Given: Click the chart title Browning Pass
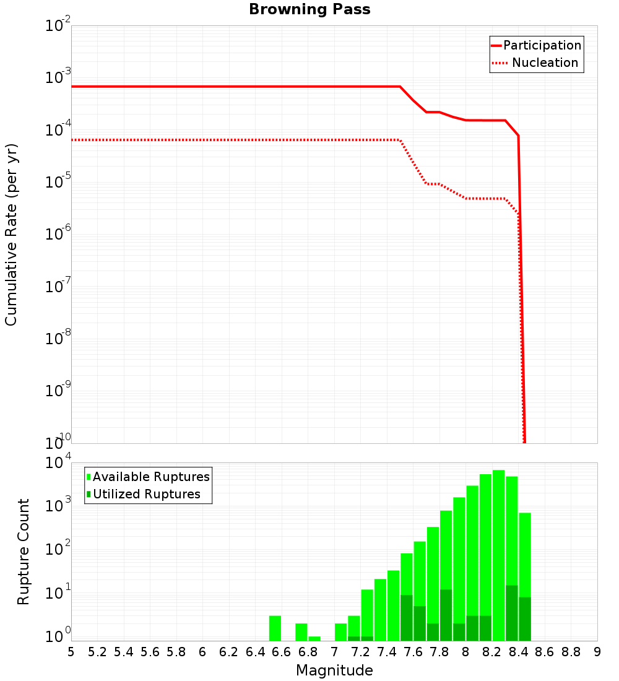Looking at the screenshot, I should pos(309,9).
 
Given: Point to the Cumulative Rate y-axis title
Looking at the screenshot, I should pos(11,235).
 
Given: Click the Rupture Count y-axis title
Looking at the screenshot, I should pos(24,552).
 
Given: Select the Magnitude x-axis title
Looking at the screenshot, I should pos(334,670).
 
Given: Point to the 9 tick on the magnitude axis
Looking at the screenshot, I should pos(597,651).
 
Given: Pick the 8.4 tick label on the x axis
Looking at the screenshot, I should pos(518,651).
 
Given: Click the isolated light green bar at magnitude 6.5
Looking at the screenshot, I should pos(275,628).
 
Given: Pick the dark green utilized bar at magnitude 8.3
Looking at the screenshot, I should pos(512,613).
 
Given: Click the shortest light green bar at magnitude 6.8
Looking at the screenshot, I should pos(314,638).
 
